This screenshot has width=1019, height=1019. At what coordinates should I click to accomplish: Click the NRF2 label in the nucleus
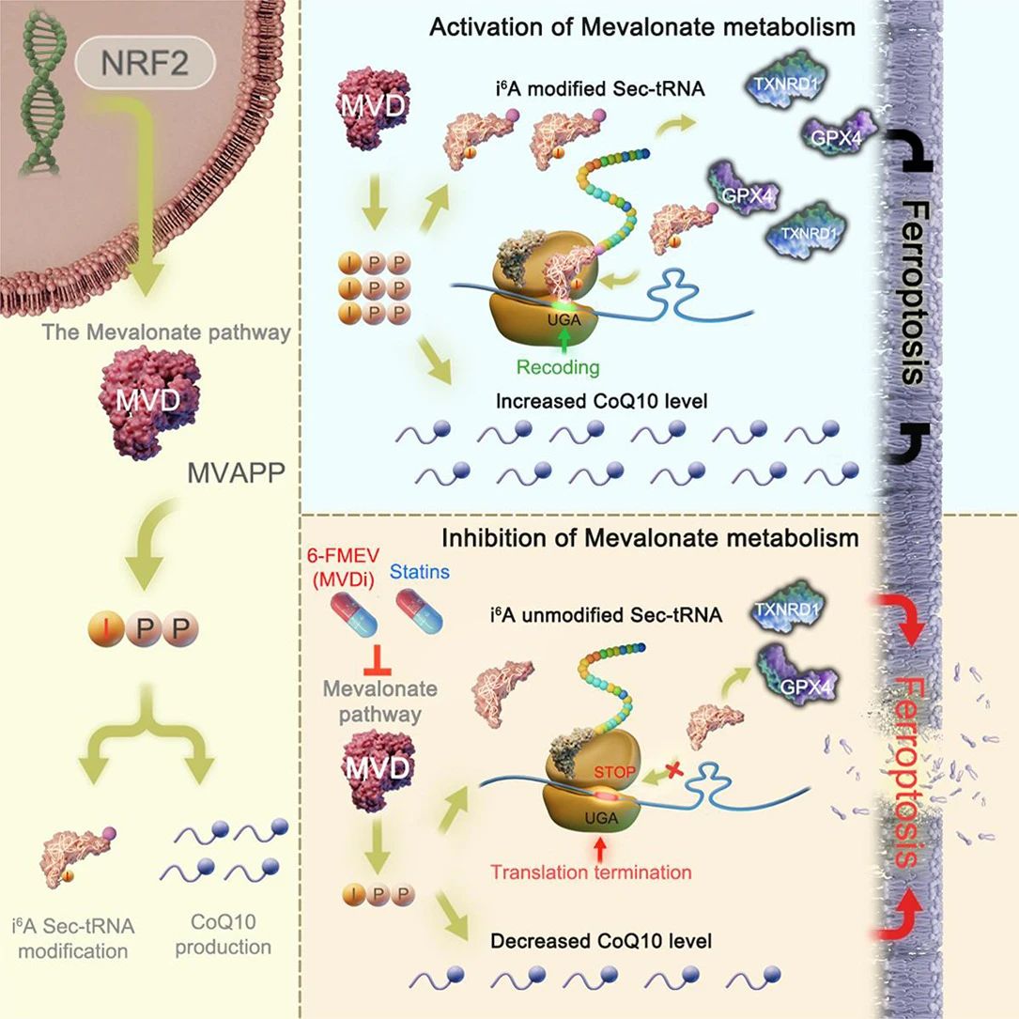pos(146,67)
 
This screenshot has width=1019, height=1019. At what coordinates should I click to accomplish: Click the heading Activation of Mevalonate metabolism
pos(641,26)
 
